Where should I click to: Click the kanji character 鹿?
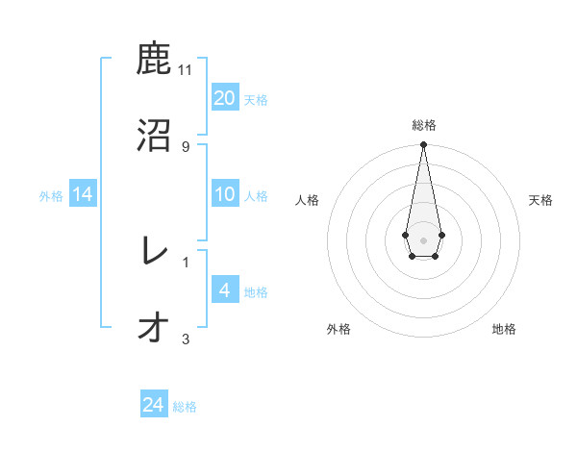[x=154, y=60]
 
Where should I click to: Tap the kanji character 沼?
[x=154, y=135]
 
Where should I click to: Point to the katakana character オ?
[x=154, y=327]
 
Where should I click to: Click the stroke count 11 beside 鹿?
[x=186, y=70]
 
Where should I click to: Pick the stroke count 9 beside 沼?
[x=186, y=146]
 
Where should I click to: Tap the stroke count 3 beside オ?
[x=186, y=339]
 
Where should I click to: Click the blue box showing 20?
[x=225, y=98]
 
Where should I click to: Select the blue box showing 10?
[x=225, y=194]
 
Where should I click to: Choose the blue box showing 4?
[x=225, y=290]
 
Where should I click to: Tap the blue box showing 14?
[x=83, y=194]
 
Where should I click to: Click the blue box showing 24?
[x=154, y=405]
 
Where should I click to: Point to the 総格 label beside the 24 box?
[x=185, y=407]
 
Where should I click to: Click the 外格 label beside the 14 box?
[x=51, y=195]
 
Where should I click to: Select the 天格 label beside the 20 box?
[x=256, y=99]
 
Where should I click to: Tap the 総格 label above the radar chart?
[x=424, y=125]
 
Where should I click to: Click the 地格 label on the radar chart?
[x=504, y=329]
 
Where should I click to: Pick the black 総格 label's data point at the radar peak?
[x=423, y=145]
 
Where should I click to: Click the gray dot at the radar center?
[x=423, y=239]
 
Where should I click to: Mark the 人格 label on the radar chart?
[x=307, y=200]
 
